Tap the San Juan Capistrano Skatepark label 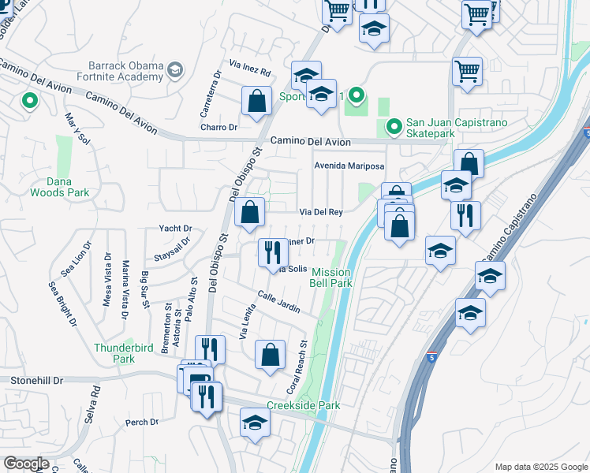pyautogui.click(x=457, y=128)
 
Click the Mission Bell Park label pyautogui.click(x=330, y=277)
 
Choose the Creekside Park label pyautogui.click(x=303, y=405)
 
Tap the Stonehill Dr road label pyautogui.click(x=37, y=380)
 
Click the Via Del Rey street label pyautogui.click(x=320, y=212)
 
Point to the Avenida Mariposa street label pyautogui.click(x=349, y=166)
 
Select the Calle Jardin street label pyautogui.click(x=279, y=302)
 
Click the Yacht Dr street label pyautogui.click(x=175, y=229)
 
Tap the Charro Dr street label pyautogui.click(x=218, y=127)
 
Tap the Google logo pyautogui.click(x=27, y=464)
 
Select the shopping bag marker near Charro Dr pyautogui.click(x=256, y=102)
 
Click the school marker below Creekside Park pyautogui.click(x=255, y=423)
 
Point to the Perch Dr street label pyautogui.click(x=143, y=423)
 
